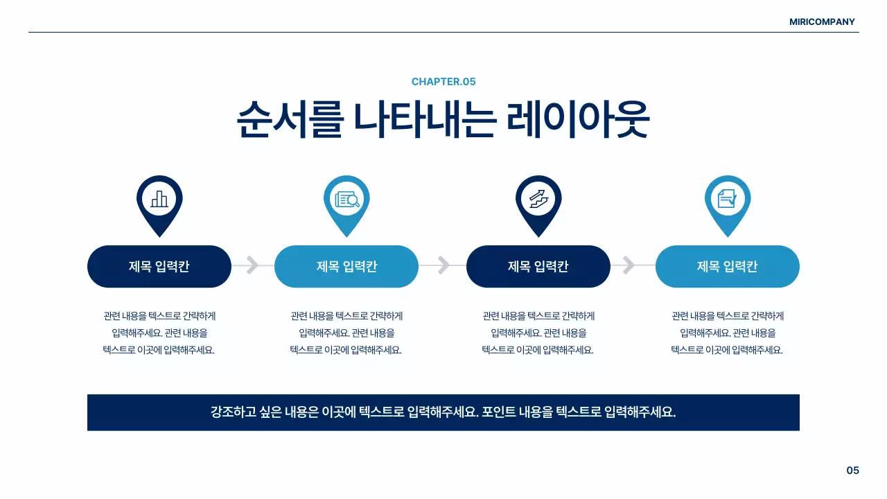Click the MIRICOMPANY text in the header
pyautogui.click(x=822, y=21)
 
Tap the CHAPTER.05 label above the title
pyautogui.click(x=443, y=82)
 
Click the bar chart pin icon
pyautogui.click(x=159, y=200)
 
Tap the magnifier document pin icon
pyautogui.click(x=346, y=200)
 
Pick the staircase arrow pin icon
pyautogui.click(x=538, y=200)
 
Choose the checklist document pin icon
pyautogui.click(x=728, y=200)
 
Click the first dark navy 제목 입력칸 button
pyautogui.click(x=159, y=266)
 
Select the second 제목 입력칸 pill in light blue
pyautogui.click(x=346, y=266)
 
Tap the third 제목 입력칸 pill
pyautogui.click(x=538, y=266)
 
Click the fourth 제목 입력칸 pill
pyautogui.click(x=728, y=266)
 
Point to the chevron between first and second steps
pyautogui.click(x=252, y=265)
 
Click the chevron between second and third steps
pyautogui.click(x=443, y=265)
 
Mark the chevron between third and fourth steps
pyautogui.click(x=629, y=265)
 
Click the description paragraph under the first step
pyautogui.click(x=159, y=333)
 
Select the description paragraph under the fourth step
pyautogui.click(x=728, y=333)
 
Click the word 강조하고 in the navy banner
pyautogui.click(x=233, y=412)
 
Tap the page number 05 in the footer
pyautogui.click(x=852, y=471)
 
